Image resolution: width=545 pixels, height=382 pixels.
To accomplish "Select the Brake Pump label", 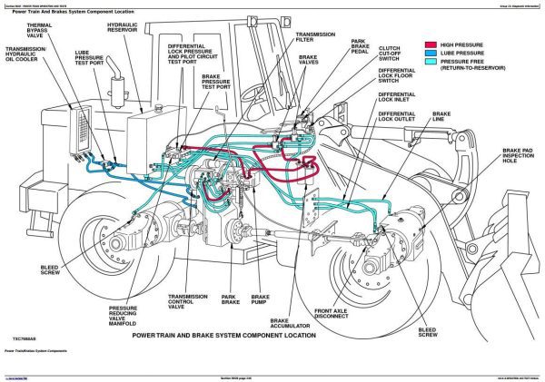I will pos(260,300).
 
